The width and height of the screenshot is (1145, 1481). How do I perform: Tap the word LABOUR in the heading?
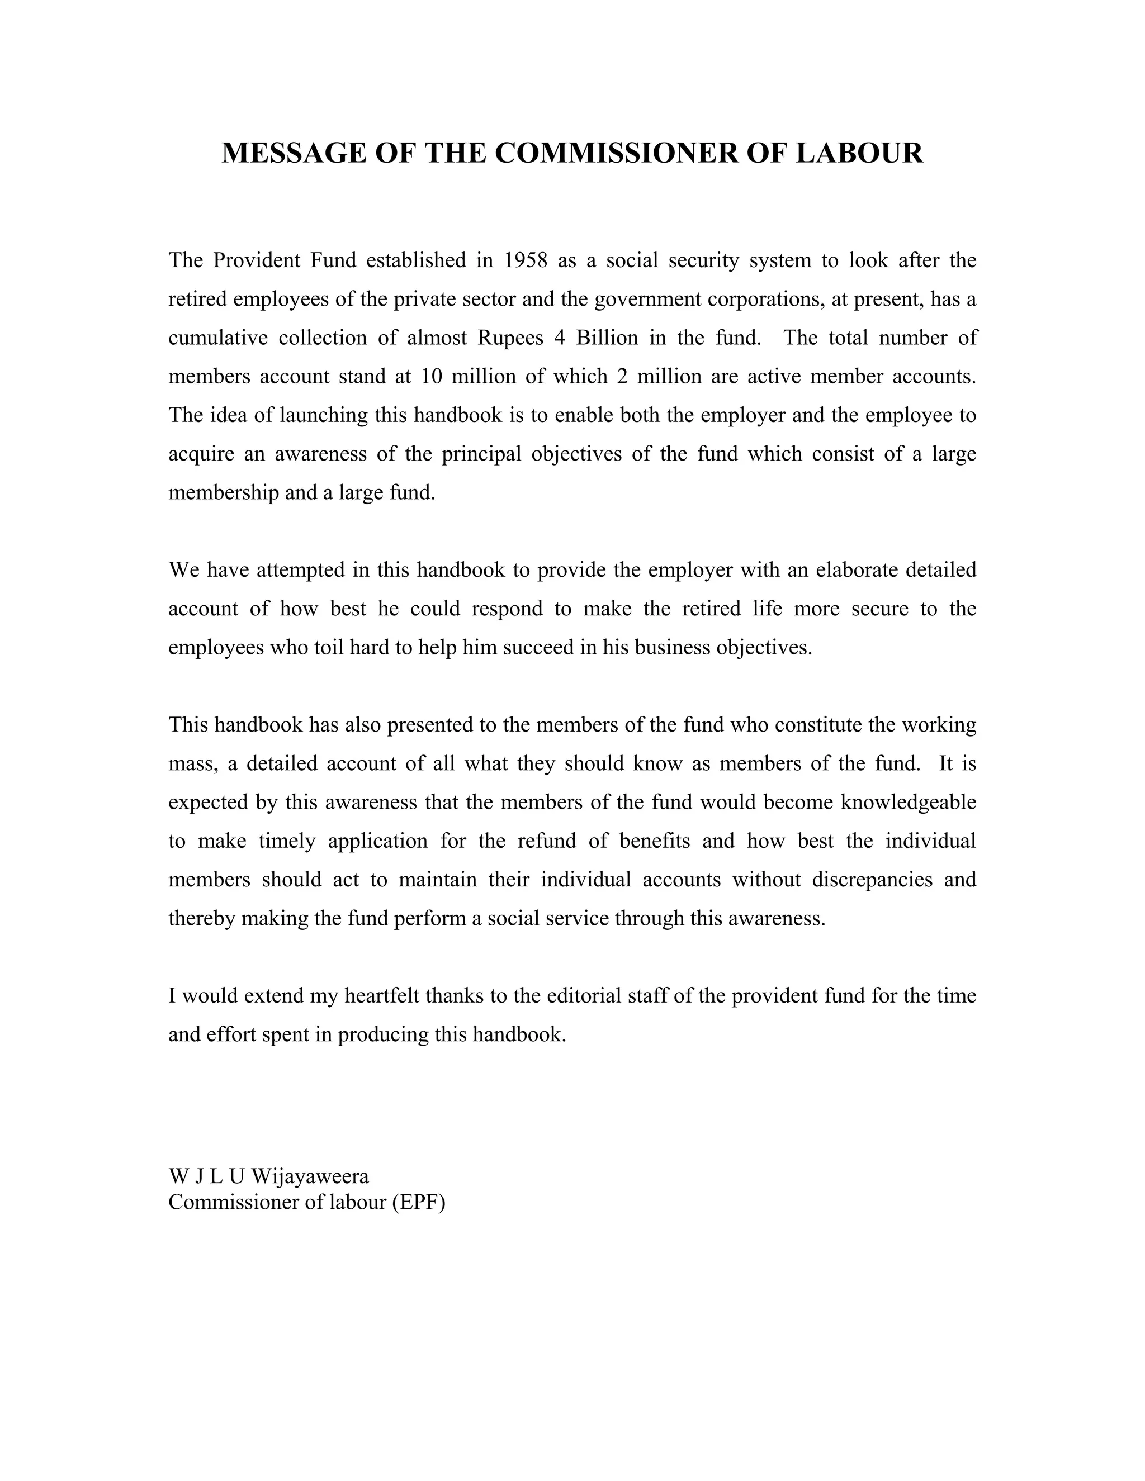(859, 153)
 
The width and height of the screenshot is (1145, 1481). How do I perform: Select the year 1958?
(526, 260)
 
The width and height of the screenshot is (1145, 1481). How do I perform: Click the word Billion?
(607, 338)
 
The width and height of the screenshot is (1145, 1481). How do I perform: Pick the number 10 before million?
(432, 376)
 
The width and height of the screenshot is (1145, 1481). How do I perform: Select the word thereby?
(202, 918)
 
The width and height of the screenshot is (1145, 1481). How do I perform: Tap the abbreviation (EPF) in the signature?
(418, 1202)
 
